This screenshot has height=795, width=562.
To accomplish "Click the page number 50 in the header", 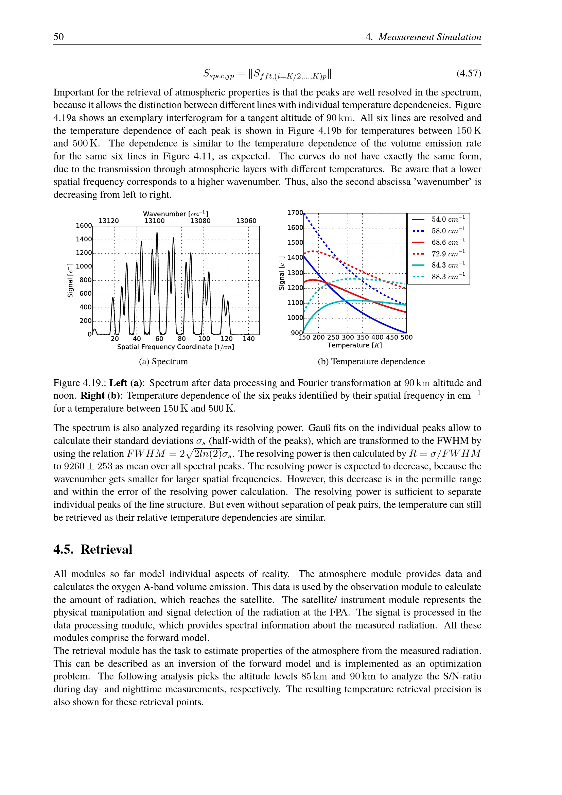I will [58, 37].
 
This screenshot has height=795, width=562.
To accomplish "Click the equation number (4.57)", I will [469, 73].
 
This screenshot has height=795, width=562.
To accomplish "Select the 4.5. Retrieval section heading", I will [93, 550].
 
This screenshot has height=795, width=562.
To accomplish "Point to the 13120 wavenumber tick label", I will [109, 221].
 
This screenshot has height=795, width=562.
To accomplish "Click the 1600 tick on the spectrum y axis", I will [84, 226].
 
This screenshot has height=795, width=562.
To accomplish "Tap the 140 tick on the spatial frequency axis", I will [248, 339].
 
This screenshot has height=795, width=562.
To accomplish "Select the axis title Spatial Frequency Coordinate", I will [175, 347].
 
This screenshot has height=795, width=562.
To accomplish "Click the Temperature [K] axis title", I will [355, 345].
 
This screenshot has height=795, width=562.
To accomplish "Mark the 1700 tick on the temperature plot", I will [295, 212].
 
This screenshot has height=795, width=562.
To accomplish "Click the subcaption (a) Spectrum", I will [163, 362].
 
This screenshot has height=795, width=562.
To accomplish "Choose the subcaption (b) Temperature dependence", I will [371, 362].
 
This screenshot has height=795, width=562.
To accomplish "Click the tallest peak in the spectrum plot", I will [157, 234].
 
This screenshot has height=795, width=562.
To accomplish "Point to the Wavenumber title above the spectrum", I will [175, 214].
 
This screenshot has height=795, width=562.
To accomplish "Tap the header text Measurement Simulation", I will [429, 37].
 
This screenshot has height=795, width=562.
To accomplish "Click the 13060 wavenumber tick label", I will [246, 221].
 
